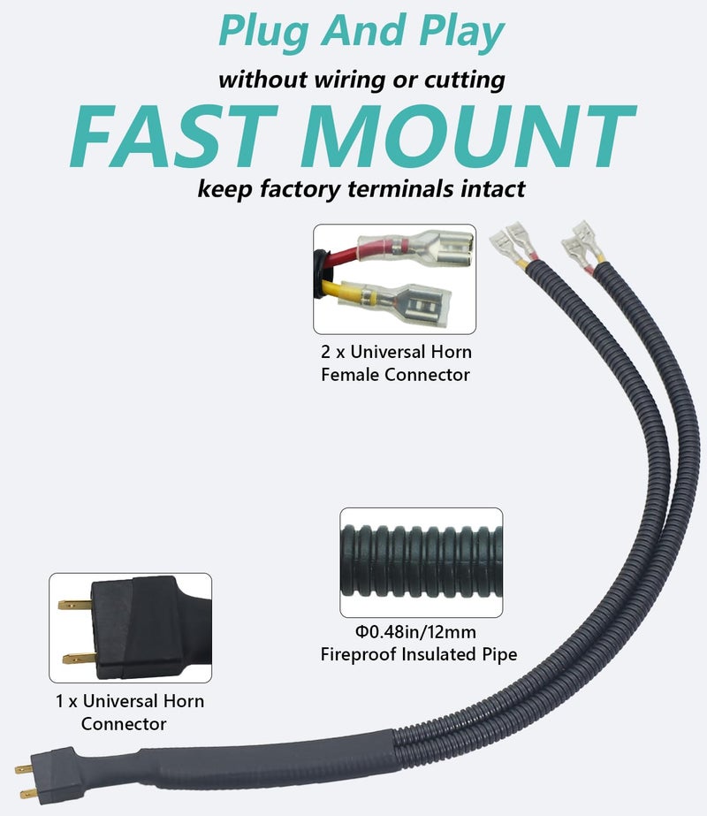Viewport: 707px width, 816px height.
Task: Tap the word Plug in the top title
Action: (263, 32)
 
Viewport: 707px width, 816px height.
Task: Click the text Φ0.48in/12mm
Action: (415, 632)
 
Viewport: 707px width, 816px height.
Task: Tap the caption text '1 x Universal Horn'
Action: (130, 701)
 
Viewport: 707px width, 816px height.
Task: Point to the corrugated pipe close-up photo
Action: (421, 562)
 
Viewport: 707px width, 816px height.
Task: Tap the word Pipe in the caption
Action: (498, 655)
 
